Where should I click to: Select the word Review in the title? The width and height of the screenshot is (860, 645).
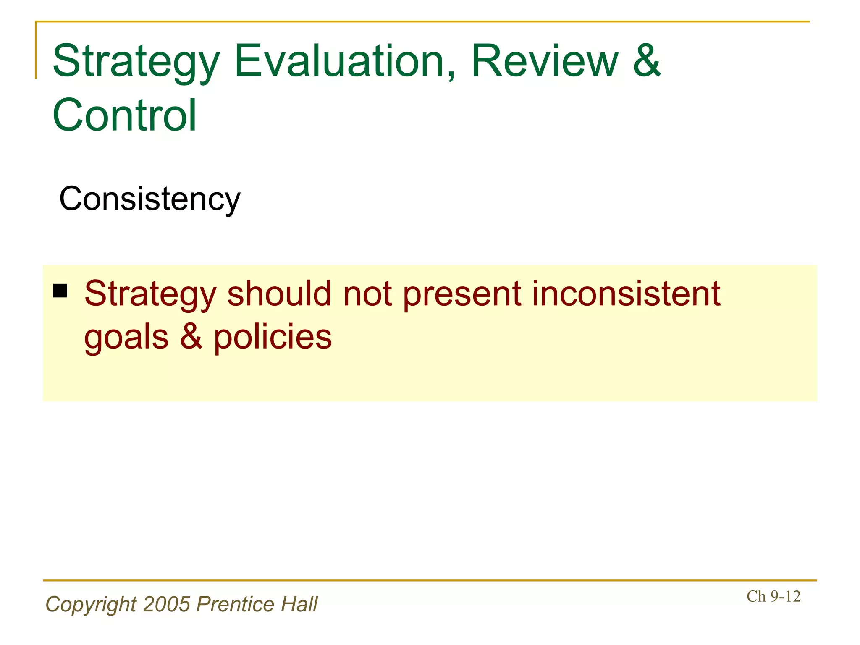click(x=544, y=62)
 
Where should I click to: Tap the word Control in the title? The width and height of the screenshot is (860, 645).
click(x=124, y=115)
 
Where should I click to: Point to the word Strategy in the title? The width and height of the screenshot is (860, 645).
click(x=136, y=63)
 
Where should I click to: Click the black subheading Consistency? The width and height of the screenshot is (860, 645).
click(x=149, y=199)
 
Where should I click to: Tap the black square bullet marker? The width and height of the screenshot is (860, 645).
click(x=60, y=291)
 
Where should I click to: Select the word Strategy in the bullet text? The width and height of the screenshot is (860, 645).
click(x=150, y=295)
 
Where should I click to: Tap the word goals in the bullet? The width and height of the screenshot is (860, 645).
click(x=126, y=338)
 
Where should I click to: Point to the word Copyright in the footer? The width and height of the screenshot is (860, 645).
click(x=91, y=605)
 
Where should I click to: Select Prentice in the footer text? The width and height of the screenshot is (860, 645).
click(x=235, y=604)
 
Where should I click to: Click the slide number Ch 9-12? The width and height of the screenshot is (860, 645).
click(x=773, y=596)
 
